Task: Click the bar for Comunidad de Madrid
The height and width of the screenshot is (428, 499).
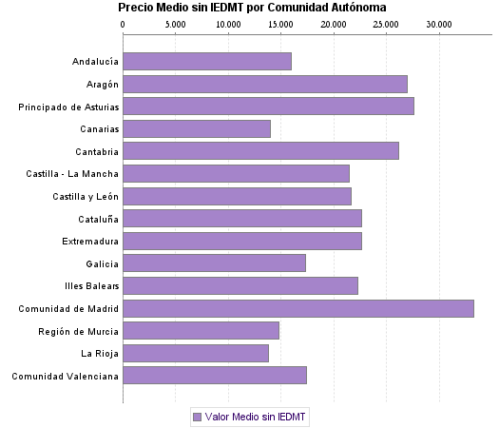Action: (297, 308)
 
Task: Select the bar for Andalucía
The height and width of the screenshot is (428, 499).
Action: (207, 62)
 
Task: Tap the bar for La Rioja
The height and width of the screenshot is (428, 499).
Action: (196, 353)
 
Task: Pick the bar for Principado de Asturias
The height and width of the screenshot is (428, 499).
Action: (268, 107)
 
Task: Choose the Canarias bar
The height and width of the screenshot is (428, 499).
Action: (197, 128)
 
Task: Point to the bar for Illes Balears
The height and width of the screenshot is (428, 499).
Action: (240, 285)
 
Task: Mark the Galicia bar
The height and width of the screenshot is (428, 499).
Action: (214, 263)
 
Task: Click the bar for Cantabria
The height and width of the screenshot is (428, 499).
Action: (260, 151)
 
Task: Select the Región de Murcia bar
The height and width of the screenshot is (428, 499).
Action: (201, 330)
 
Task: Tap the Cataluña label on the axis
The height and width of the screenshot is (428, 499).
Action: (97, 219)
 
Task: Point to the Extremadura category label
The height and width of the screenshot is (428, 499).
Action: (90, 241)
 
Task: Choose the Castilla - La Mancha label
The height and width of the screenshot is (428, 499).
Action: (72, 173)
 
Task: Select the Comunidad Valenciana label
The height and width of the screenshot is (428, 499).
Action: (65, 376)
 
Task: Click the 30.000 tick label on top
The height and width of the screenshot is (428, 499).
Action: (438, 24)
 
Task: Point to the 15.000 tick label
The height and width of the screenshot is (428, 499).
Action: (280, 24)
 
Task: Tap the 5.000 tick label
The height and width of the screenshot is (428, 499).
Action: (176, 24)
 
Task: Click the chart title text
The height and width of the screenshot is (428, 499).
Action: (252, 8)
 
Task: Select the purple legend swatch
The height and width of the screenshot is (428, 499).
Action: (197, 417)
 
